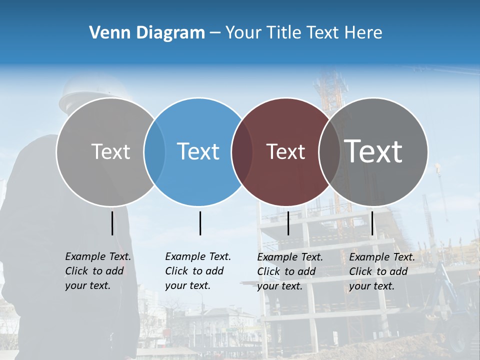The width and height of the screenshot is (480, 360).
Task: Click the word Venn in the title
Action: pos(106,33)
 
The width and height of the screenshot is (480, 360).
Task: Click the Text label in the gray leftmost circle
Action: pos(110,151)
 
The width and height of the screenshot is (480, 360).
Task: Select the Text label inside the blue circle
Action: pos(198,151)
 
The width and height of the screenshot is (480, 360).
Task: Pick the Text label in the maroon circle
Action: pos(285,151)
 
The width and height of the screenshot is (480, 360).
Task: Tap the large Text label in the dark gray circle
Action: pos(373,151)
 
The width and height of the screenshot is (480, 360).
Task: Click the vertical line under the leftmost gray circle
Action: pos(112,223)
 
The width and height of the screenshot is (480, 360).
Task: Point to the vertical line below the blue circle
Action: pos(200,223)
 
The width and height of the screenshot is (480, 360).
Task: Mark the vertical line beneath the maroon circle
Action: pos(288,223)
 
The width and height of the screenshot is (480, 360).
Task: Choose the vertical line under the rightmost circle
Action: pos(372,223)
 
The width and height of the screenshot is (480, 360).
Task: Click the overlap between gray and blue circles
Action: pos(154,152)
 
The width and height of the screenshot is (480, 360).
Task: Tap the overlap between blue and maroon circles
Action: pos(242,152)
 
